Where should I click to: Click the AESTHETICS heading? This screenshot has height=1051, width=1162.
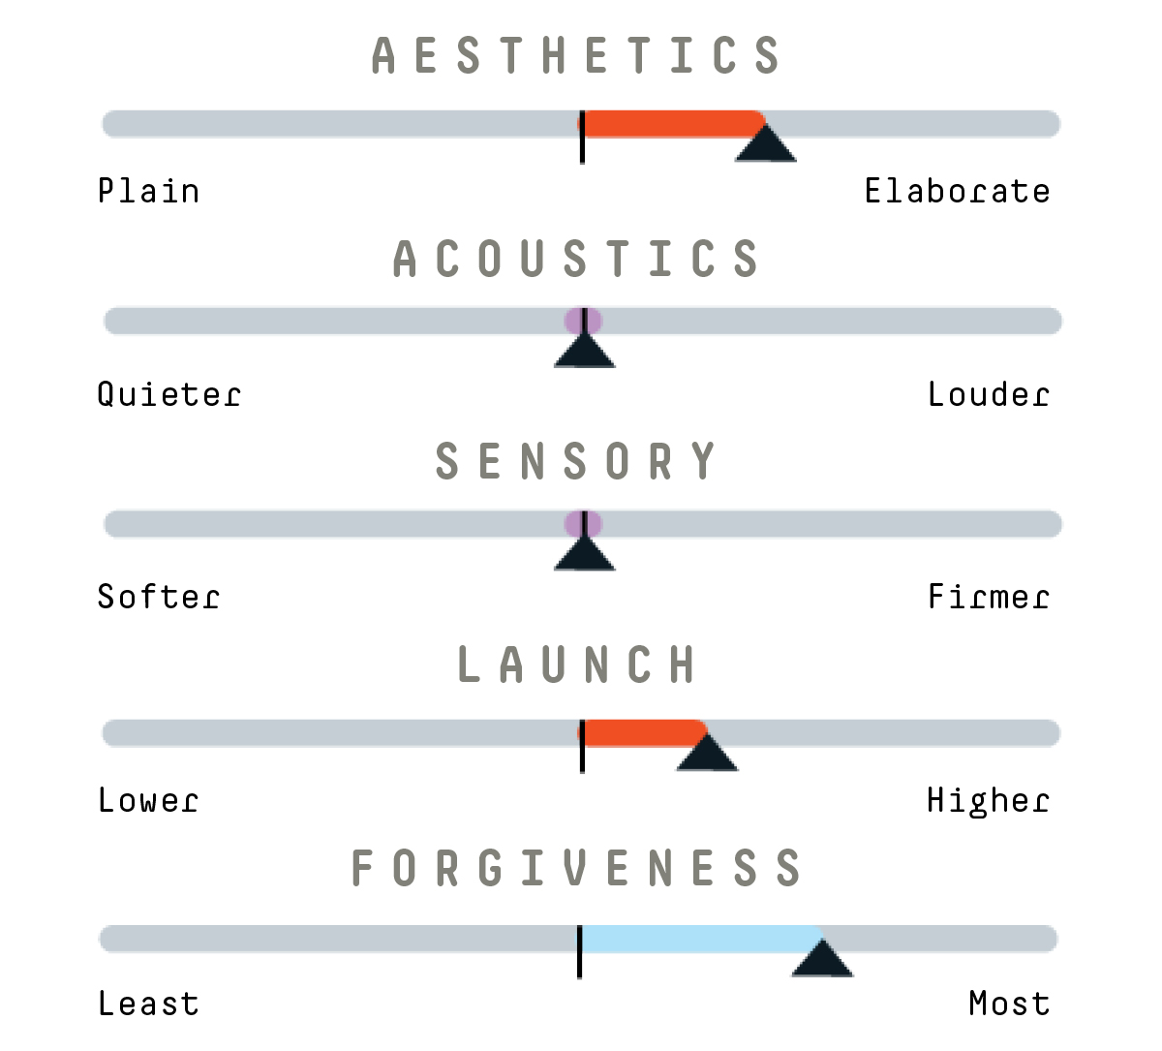coord(576,55)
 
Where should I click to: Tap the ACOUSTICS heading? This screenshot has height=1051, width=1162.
coord(576,259)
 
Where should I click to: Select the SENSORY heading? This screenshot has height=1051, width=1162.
coord(576,461)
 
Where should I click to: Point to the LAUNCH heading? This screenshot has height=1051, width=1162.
coord(576,665)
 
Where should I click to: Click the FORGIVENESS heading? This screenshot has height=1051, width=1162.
coord(576,868)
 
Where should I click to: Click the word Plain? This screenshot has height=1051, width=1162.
coord(148,191)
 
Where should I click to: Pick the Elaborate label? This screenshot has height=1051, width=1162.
coord(957,191)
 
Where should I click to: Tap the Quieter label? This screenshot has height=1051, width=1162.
coord(168,395)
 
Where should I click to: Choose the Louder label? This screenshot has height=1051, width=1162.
coord(989,394)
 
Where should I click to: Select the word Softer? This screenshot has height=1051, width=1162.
coord(158,597)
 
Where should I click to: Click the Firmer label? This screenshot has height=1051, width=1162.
coord(989,597)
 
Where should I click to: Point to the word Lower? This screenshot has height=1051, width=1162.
coord(148,800)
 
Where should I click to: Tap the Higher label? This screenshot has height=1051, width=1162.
coord(988,801)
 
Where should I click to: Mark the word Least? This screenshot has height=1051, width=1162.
coord(148,1004)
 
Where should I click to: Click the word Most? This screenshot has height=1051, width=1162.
coord(1009,1004)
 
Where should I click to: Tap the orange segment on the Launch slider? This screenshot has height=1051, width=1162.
coord(642,733)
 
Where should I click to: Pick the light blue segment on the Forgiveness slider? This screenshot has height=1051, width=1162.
coord(701,939)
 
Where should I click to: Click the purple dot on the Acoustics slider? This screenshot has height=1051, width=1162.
coord(583,321)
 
